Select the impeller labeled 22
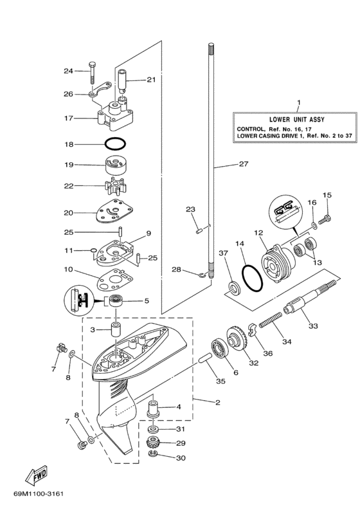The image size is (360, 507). [114, 185]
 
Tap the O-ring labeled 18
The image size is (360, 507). [115, 143]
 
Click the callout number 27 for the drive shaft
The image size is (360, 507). [244, 163]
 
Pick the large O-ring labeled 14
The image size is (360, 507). [253, 278]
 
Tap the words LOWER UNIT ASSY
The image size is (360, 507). [296, 119]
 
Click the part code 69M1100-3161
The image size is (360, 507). [39, 493]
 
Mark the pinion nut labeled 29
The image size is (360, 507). [153, 440]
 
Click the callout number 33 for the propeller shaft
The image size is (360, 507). [313, 326]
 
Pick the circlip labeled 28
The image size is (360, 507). [203, 275]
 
